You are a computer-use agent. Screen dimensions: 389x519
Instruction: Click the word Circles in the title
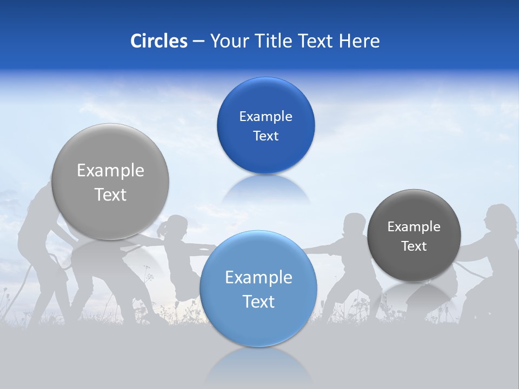click(159, 41)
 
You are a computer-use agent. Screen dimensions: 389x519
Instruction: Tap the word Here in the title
click(359, 41)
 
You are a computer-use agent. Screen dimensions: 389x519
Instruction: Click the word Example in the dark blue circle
click(265, 116)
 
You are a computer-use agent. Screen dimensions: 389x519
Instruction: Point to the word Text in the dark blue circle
click(265, 136)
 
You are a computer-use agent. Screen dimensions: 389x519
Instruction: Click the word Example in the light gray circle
click(110, 171)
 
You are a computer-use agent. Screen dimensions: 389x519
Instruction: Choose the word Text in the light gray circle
click(110, 194)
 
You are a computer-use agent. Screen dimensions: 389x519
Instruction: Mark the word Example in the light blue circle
click(258, 277)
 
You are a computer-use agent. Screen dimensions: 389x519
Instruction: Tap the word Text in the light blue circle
click(258, 301)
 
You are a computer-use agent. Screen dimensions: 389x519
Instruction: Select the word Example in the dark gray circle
click(414, 226)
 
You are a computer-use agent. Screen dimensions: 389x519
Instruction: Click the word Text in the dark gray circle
click(414, 246)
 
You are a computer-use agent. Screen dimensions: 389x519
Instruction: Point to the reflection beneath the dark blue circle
click(265, 189)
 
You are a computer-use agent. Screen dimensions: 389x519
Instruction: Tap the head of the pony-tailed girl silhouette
click(176, 225)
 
